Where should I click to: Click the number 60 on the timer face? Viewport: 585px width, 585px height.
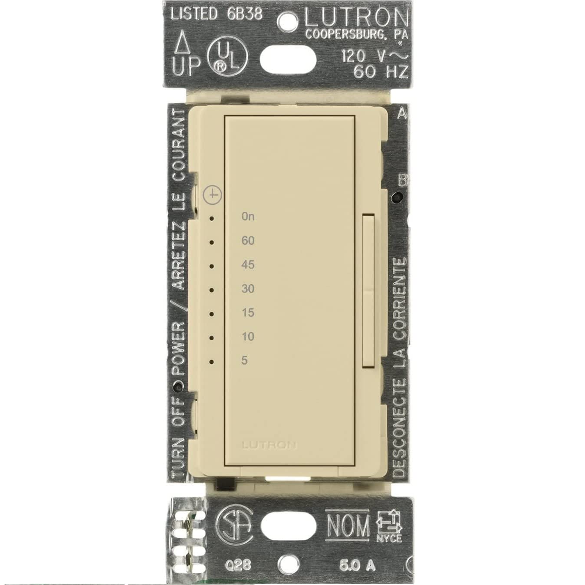[248, 241]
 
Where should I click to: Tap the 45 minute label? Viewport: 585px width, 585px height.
[248, 265]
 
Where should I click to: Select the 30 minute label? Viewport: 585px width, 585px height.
[248, 289]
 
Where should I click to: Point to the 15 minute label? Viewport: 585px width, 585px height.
[248, 312]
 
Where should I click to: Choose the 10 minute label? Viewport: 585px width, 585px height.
[248, 336]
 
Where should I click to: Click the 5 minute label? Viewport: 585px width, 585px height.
[245, 360]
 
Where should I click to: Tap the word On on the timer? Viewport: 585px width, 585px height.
[248, 217]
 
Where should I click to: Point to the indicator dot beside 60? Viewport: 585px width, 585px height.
[212, 243]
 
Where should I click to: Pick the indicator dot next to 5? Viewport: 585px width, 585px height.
[212, 362]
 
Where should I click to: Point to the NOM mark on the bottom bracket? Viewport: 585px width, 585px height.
[348, 526]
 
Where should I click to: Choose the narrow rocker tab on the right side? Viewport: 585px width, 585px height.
[368, 291]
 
